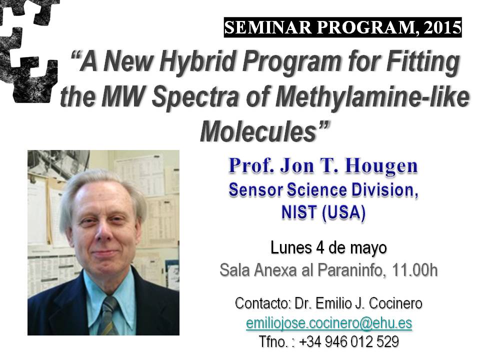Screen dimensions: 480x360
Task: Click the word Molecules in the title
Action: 257,131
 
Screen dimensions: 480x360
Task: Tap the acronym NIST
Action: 299,212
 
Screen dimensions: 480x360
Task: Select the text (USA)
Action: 344,213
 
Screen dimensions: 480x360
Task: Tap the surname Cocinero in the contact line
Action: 395,303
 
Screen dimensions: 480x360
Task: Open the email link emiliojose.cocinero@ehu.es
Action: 329,323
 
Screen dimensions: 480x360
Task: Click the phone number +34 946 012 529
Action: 348,341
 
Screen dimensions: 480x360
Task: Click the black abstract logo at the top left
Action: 28,49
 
